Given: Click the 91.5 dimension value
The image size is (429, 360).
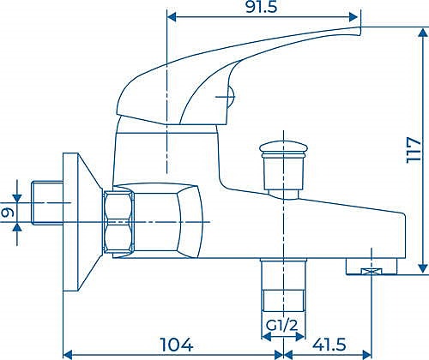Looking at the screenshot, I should coord(263,7).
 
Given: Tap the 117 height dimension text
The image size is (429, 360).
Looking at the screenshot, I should coord(415,152).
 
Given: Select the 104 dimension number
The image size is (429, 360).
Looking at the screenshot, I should coord(175,345).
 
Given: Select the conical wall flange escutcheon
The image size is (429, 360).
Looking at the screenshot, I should coord(82,221).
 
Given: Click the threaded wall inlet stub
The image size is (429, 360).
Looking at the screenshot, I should coord(43,206).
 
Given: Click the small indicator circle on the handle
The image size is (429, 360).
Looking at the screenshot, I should coord(227,97).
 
